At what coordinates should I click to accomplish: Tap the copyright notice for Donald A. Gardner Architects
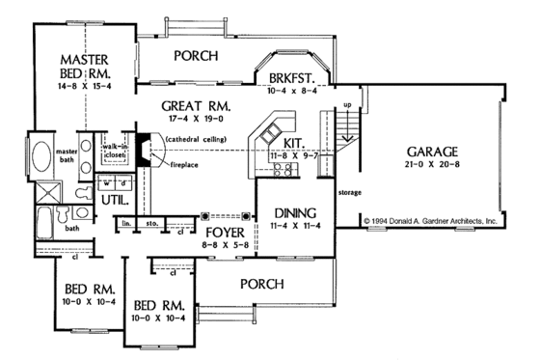pos(431,221)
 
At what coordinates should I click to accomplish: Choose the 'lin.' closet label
pos(126,223)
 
